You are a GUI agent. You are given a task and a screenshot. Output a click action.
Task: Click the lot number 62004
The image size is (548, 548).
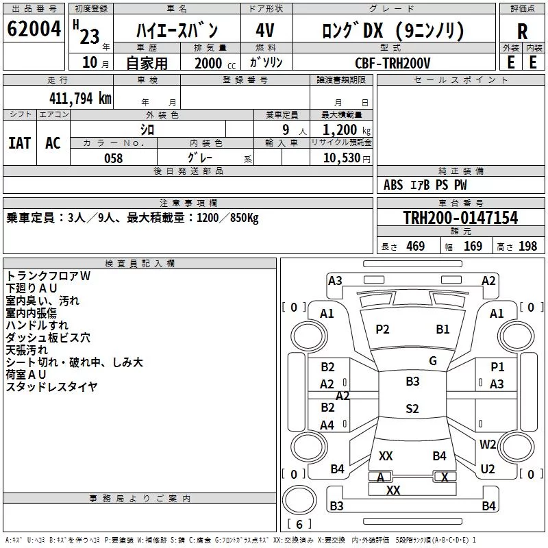[34, 29]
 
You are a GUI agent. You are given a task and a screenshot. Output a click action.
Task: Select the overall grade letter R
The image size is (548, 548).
[522, 32]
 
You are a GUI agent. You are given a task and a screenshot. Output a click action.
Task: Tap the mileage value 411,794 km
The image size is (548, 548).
[80, 99]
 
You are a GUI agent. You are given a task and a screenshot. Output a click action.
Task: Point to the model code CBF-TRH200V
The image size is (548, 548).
[393, 63]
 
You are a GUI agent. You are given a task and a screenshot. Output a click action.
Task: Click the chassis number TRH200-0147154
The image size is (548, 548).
[460, 218]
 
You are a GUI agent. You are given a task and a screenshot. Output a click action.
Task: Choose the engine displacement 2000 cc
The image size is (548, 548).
[215, 63]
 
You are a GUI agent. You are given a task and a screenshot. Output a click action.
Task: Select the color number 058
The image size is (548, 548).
[114, 158]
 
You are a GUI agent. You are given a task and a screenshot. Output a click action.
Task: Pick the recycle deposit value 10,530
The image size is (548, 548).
[342, 158]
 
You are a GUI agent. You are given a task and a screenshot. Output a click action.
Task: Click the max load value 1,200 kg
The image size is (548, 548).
[347, 130]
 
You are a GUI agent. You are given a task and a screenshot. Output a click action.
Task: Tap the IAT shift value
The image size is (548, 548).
[20, 143]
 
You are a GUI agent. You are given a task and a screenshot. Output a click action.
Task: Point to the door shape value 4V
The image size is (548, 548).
[265, 30]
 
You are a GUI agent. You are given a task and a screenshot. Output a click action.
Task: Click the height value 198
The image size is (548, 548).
[527, 247]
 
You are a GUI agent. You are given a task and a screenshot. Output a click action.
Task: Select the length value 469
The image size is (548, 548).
[416, 247]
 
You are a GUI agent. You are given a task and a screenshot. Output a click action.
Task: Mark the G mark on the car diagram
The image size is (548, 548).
[433, 361]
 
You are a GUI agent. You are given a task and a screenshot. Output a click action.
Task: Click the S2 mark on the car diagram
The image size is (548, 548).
[412, 408]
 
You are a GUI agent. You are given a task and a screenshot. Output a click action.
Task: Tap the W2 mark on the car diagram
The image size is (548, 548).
[488, 444]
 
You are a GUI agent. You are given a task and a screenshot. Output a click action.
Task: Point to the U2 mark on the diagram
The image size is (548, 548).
[488, 469]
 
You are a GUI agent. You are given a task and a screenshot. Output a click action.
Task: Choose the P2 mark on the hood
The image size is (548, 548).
[382, 329]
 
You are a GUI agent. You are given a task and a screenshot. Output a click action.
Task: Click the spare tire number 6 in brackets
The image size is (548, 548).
[299, 524]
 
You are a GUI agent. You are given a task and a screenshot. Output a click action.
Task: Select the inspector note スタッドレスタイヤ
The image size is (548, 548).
[52, 386]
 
